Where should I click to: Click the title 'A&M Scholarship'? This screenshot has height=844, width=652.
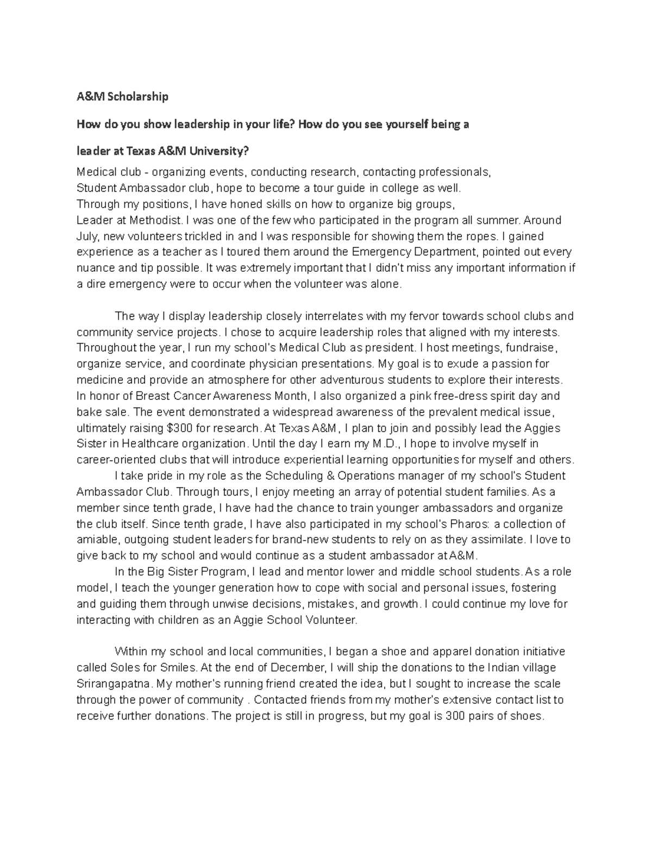coord(122,97)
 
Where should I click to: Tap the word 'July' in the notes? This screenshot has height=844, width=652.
coord(86,236)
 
